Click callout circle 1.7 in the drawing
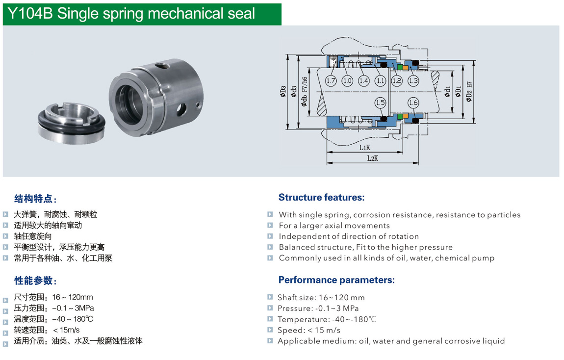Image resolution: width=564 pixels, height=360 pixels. (x=331, y=80)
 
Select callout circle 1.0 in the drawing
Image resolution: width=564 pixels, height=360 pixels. (x=347, y=80)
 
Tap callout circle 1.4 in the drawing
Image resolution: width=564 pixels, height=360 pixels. (x=363, y=80)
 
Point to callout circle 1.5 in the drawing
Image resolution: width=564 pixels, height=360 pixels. (x=380, y=103)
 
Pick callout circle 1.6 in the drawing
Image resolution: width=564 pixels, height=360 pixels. (x=413, y=103)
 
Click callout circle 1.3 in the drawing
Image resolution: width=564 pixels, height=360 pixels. (x=413, y=80)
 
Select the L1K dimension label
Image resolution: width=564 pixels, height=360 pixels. (x=364, y=147)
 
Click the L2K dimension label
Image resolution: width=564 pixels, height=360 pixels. (x=372, y=158)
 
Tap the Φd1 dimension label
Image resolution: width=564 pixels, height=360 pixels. (x=447, y=91)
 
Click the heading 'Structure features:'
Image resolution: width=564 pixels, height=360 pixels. (x=321, y=198)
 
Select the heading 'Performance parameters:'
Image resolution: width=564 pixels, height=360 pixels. (x=336, y=280)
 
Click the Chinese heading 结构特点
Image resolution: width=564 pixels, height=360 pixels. (x=35, y=199)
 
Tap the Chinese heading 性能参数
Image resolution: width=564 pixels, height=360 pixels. (x=35, y=281)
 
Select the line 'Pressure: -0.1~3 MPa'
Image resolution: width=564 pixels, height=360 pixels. (x=318, y=309)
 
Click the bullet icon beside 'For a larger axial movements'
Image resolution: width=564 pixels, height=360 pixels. (x=270, y=225)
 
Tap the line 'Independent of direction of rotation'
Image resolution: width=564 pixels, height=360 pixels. (x=349, y=236)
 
